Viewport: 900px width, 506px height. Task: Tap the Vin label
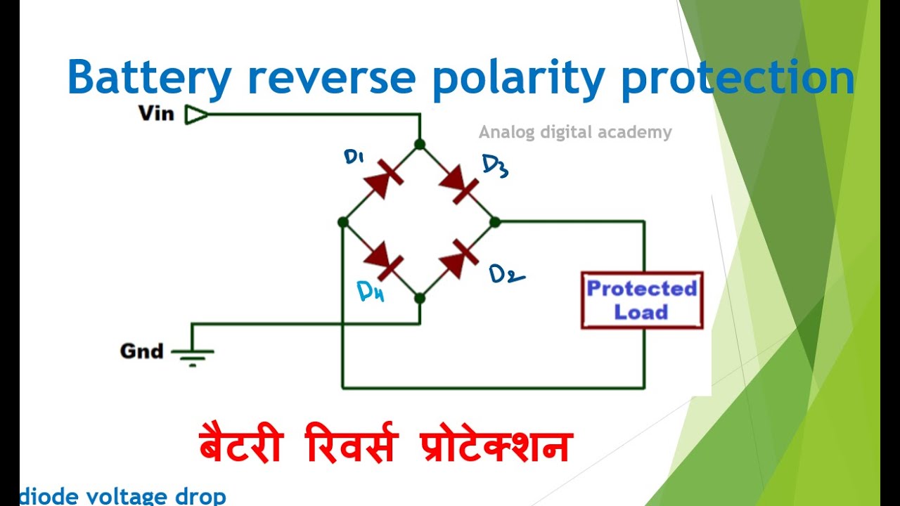pos(156,113)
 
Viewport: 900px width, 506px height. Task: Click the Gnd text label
pos(141,351)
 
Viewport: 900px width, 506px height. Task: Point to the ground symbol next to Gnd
pos(193,355)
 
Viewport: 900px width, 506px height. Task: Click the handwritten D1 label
pos(353,157)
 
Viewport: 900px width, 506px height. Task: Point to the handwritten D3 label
pos(495,167)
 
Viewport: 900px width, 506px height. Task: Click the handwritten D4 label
pos(371,291)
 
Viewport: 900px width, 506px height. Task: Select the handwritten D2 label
pos(506,275)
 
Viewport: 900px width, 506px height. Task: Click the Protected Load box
pos(641,300)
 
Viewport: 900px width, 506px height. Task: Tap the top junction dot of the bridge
pos(420,145)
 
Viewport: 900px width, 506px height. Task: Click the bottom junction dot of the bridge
pos(420,299)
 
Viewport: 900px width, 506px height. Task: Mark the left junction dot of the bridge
pos(342,222)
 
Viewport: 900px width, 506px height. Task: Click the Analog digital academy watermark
pos(575,132)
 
